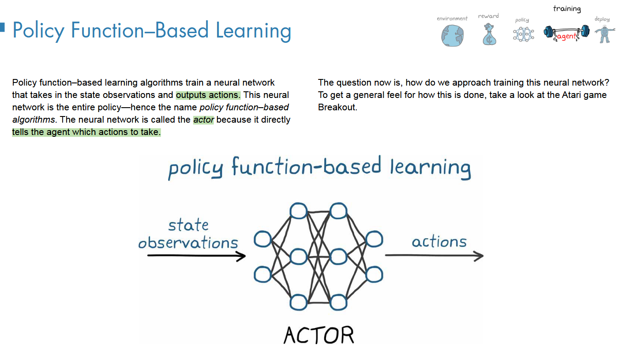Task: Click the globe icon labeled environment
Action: click(x=452, y=35)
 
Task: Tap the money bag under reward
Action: click(x=488, y=35)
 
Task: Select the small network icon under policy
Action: click(x=523, y=34)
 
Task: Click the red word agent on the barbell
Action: click(x=566, y=36)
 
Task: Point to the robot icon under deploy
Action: click(x=603, y=34)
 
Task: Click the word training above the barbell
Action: click(x=567, y=8)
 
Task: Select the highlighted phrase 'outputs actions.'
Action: click(x=208, y=95)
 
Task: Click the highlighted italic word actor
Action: click(x=203, y=120)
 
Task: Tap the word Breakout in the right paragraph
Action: click(x=337, y=107)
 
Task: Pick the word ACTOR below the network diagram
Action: click(x=318, y=335)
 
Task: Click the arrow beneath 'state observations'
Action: click(x=196, y=255)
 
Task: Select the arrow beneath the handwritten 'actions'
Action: click(x=434, y=255)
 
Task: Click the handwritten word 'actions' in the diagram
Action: click(x=439, y=242)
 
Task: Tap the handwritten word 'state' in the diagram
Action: click(x=188, y=225)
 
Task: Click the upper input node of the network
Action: click(x=263, y=240)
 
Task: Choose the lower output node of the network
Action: click(x=374, y=274)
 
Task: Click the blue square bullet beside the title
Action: click(x=2, y=27)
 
